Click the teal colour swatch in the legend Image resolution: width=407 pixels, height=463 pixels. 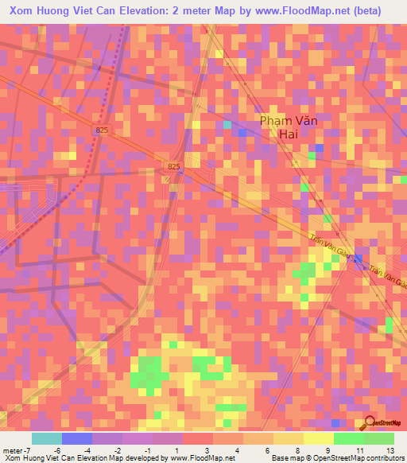pos(47,438)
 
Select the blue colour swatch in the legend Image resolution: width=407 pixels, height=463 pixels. pos(77,438)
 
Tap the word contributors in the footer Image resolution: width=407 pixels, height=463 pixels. pos(383,459)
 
